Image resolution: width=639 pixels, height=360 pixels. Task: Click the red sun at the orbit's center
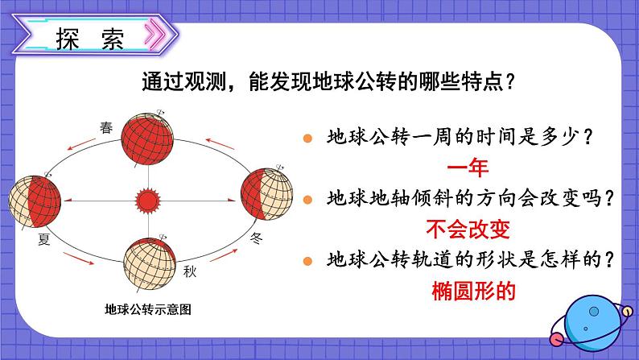coord(147,197)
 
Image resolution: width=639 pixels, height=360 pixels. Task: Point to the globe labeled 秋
coord(149,261)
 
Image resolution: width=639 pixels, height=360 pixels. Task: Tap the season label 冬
coord(257,238)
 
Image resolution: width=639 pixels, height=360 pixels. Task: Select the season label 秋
coord(190,271)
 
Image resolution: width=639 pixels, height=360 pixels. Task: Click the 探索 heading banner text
coord(90,39)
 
